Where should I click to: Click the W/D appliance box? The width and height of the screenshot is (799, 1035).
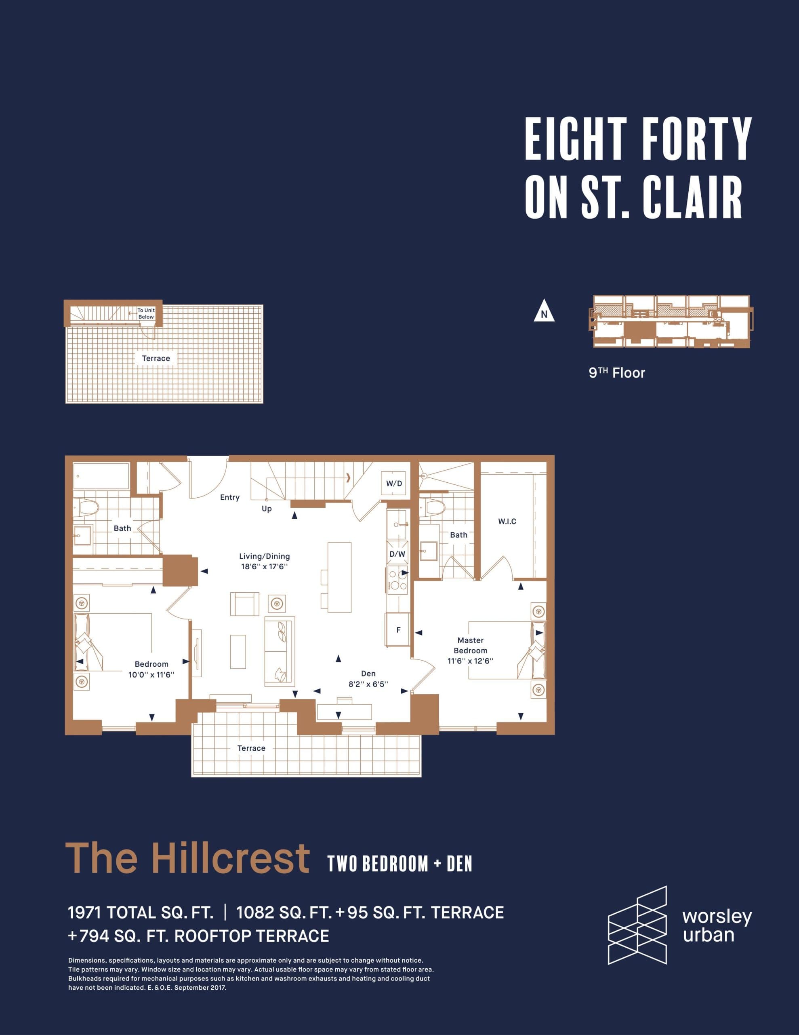pyautogui.click(x=393, y=484)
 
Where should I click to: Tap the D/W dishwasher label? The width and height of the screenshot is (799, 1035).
pyautogui.click(x=397, y=554)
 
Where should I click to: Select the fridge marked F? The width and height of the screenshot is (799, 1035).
pyautogui.click(x=398, y=630)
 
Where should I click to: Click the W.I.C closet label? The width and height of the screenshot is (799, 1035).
pyautogui.click(x=507, y=521)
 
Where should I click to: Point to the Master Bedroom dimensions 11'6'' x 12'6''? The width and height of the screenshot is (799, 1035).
pyautogui.click(x=470, y=661)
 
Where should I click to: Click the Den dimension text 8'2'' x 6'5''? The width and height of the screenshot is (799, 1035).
pyautogui.click(x=368, y=684)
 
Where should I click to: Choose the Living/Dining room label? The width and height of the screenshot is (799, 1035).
pyautogui.click(x=264, y=556)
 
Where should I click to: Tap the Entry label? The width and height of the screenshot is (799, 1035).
pyautogui.click(x=230, y=497)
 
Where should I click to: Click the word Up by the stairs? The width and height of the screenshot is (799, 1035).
pyautogui.click(x=267, y=509)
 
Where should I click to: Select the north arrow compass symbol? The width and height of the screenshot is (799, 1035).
pyautogui.click(x=544, y=311)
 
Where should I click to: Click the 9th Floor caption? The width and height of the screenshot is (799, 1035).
pyautogui.click(x=617, y=373)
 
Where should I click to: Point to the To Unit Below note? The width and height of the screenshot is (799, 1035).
pyautogui.click(x=146, y=314)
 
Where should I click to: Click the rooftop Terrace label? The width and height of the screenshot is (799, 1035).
pyautogui.click(x=156, y=358)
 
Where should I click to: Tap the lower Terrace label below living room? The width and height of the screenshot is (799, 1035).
pyautogui.click(x=251, y=748)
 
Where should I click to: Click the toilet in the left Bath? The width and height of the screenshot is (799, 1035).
pyautogui.click(x=88, y=508)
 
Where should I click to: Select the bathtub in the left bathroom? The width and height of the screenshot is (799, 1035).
pyautogui.click(x=101, y=476)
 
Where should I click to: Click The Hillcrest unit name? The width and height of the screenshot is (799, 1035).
pyautogui.click(x=187, y=858)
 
